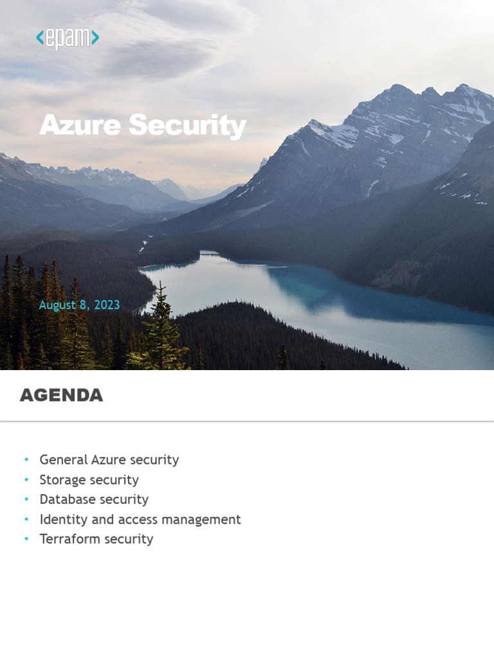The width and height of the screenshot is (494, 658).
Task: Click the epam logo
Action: pos(68,38)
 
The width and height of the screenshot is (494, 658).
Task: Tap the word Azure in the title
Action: pos(80,125)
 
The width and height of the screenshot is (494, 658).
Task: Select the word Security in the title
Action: pos(187,125)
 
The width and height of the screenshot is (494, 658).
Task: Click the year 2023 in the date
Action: pos(107,305)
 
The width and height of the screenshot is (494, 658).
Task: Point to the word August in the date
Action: pos(57,305)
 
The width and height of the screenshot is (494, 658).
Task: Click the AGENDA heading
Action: pos(61,395)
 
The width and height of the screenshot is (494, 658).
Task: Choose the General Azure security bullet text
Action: pos(109,460)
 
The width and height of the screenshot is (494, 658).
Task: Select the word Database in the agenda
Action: pos(66,499)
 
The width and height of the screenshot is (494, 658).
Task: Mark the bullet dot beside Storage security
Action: pos(26,479)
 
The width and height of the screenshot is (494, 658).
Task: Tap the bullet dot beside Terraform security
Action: pos(26,539)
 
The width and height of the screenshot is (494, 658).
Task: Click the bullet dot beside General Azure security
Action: pos(26,460)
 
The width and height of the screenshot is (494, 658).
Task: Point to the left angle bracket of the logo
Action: pos(40,38)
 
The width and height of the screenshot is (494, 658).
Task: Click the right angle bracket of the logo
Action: pos(95,38)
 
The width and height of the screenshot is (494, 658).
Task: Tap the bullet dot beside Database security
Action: pos(26,499)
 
